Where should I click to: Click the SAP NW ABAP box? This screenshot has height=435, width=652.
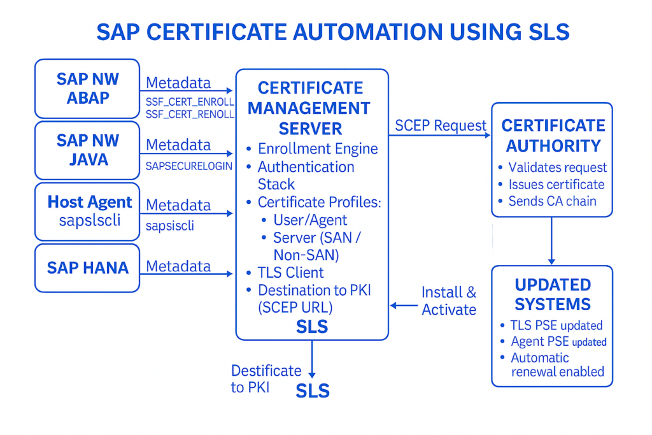click(x=87, y=89)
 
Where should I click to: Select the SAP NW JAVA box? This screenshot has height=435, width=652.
click(x=87, y=150)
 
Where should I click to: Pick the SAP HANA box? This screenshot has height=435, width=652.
click(x=87, y=267)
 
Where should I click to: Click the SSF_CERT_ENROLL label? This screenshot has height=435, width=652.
click(x=190, y=102)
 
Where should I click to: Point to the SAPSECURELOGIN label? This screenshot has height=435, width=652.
click(x=189, y=166)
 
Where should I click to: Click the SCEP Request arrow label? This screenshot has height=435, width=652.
click(x=441, y=125)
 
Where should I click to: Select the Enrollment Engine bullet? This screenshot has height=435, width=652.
click(x=317, y=149)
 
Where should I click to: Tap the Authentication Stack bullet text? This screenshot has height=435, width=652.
click(x=306, y=175)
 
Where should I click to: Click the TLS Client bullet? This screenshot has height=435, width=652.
click(x=290, y=273)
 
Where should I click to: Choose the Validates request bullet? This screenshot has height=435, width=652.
click(x=557, y=168)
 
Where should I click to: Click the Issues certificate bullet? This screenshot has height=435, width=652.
click(x=556, y=185)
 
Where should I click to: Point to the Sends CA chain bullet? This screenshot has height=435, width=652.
click(x=552, y=201)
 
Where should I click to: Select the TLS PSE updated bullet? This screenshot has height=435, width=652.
click(x=556, y=325)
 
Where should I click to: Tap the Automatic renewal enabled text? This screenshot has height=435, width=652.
click(x=557, y=364)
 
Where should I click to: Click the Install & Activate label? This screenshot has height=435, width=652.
click(x=448, y=301)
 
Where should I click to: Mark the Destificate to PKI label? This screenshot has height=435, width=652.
click(x=266, y=378)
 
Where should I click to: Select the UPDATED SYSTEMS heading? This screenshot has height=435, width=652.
click(x=553, y=294)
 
